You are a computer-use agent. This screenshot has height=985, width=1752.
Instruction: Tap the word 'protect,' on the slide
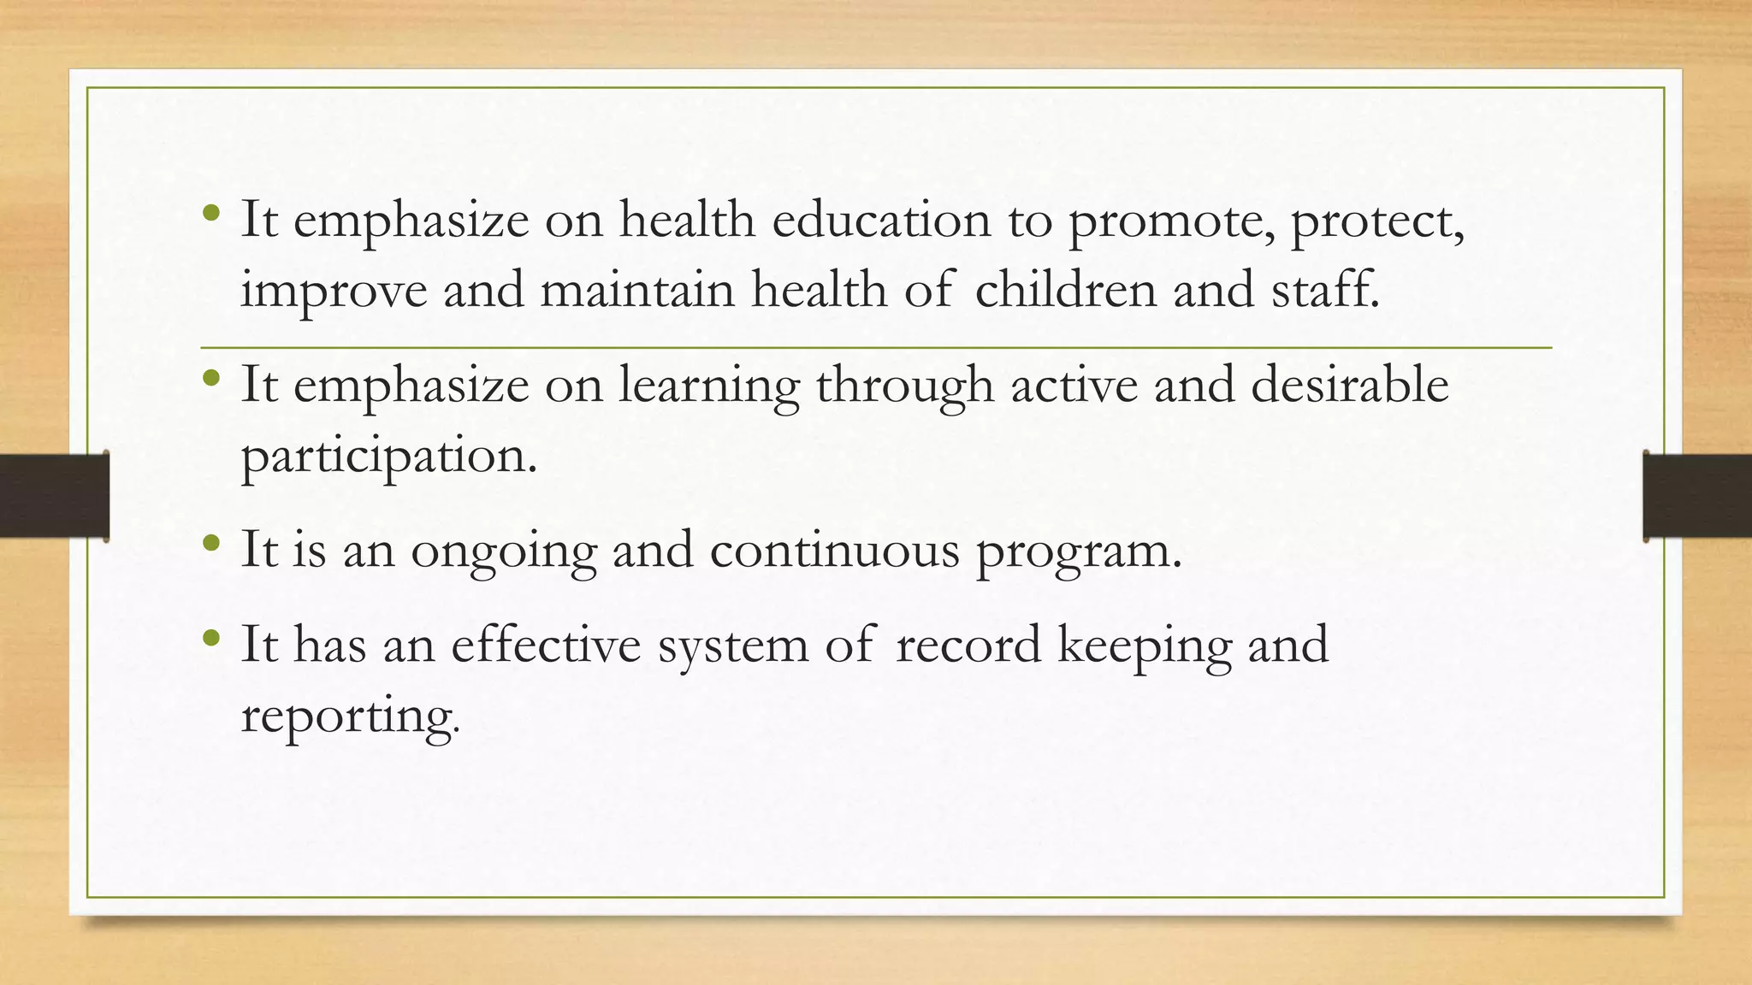[x=1377, y=221]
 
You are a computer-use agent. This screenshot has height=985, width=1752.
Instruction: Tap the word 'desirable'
[x=1350, y=384]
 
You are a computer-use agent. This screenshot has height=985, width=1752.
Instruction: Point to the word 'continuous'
[x=835, y=550]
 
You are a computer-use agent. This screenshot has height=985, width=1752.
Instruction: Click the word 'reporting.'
[x=350, y=717]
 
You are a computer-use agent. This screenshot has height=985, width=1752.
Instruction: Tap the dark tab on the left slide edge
[x=54, y=496]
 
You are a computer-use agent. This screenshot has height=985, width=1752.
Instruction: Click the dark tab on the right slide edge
[x=1697, y=496]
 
